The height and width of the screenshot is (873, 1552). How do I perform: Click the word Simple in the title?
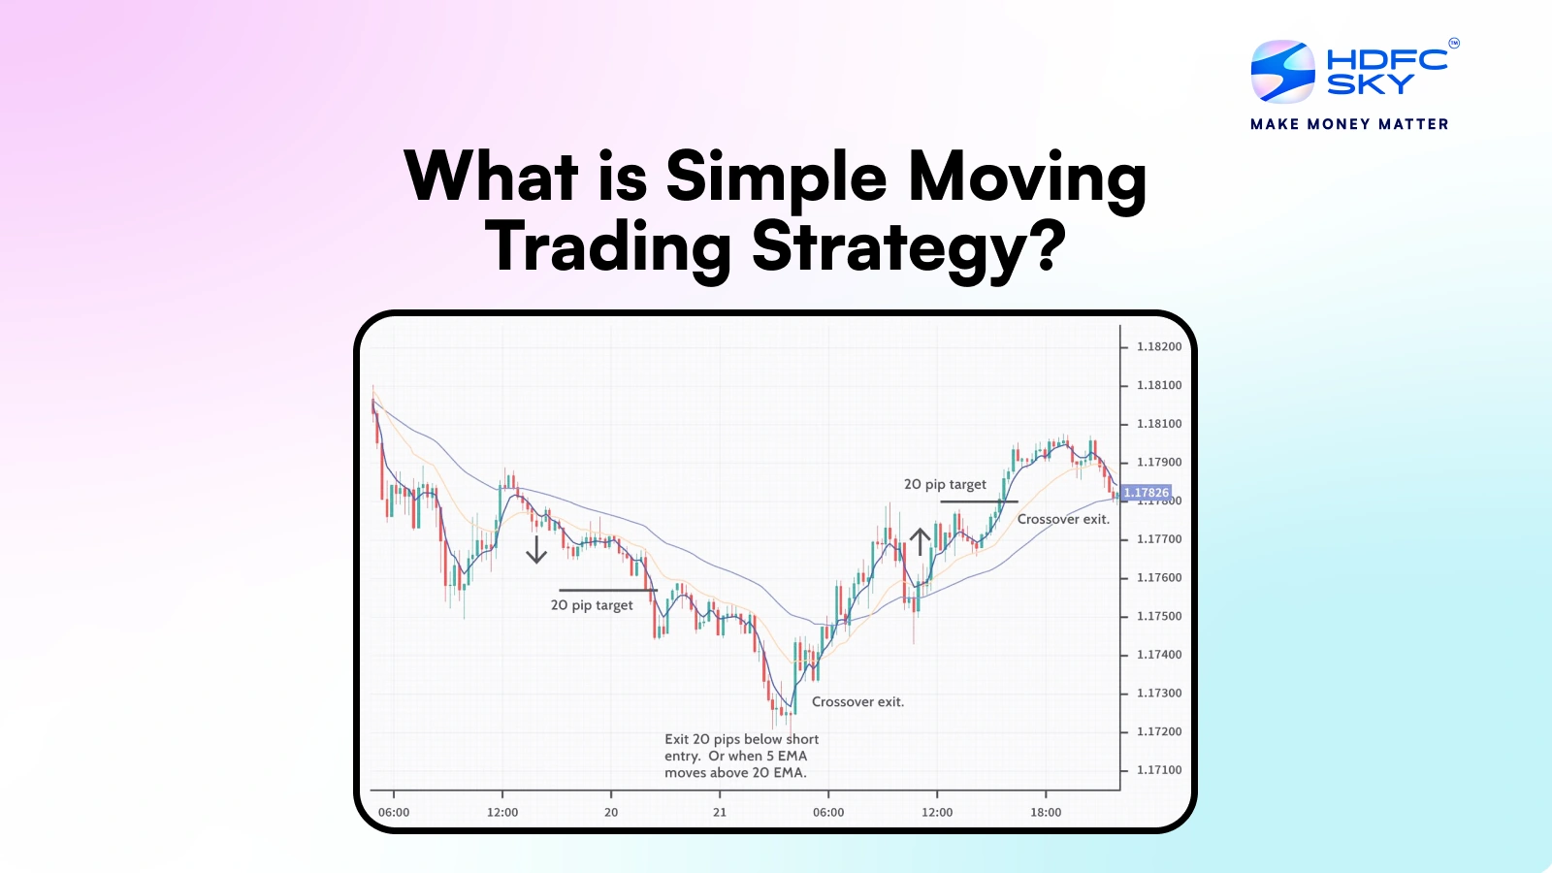pyautogui.click(x=776, y=178)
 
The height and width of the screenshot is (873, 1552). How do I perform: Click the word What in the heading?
pyautogui.click(x=492, y=178)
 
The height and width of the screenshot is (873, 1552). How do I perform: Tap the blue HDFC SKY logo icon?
pyautogui.click(x=1282, y=72)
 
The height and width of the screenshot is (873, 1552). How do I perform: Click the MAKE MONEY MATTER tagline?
pyautogui.click(x=1349, y=124)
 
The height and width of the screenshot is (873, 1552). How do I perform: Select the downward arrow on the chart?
pyautogui.click(x=536, y=549)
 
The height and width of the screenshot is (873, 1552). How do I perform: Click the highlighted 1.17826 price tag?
pyautogui.click(x=1146, y=493)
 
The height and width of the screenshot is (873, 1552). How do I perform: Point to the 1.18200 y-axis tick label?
pyautogui.click(x=1159, y=346)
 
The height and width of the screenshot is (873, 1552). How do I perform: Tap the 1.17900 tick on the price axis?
pyautogui.click(x=1159, y=462)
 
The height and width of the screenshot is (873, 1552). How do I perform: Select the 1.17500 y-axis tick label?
pyautogui.click(x=1159, y=616)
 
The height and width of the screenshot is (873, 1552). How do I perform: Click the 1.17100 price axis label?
pyautogui.click(x=1159, y=770)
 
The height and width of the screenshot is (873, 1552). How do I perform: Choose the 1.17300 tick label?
pyautogui.click(x=1159, y=694)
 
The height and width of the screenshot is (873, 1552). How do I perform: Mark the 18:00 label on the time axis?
pyautogui.click(x=1046, y=813)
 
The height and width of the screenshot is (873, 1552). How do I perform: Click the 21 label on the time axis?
pyautogui.click(x=720, y=813)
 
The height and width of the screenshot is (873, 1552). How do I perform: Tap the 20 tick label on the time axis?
pyautogui.click(x=611, y=813)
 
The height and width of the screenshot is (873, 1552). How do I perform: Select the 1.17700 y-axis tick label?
pyautogui.click(x=1159, y=539)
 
